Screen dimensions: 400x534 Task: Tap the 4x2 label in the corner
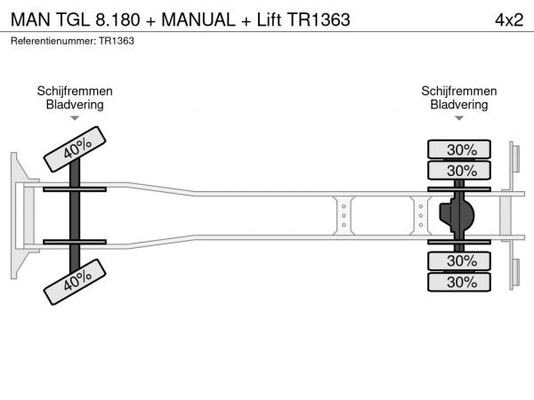[x=508, y=20]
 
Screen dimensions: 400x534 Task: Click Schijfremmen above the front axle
[x=75, y=92]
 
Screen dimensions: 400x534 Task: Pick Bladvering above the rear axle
[x=459, y=105]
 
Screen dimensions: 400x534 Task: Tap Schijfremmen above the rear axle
[x=459, y=92]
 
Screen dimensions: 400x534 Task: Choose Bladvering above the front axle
[x=75, y=105]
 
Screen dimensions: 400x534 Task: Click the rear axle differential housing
[x=458, y=215]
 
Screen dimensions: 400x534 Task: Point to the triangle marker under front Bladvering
[x=75, y=118]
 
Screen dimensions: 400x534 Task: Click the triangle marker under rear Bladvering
[x=459, y=118]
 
